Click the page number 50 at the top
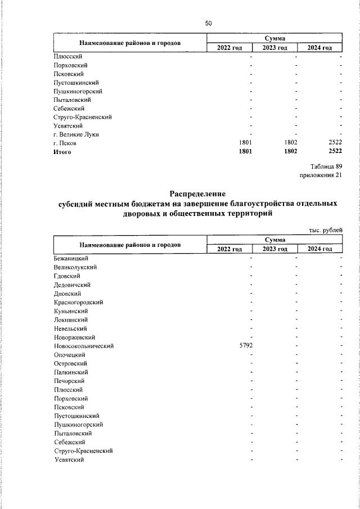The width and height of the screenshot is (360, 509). click(208, 23)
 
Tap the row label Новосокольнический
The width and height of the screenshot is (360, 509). click(84, 346)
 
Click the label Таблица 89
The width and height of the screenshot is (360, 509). click(326, 166)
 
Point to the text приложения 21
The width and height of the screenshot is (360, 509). click(322, 175)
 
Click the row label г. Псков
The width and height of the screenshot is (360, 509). click(65, 143)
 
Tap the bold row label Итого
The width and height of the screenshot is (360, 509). click(62, 151)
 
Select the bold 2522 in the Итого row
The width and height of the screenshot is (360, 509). click(335, 151)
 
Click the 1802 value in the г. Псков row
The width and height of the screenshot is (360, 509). click(290, 143)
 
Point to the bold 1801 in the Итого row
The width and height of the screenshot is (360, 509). click(246, 151)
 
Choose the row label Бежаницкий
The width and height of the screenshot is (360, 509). click(71, 258)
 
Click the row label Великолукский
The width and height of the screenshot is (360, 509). click(75, 267)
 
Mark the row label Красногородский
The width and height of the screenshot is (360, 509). click(78, 302)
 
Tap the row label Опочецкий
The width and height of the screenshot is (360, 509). click(69, 355)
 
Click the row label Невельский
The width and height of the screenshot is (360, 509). click(70, 328)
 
